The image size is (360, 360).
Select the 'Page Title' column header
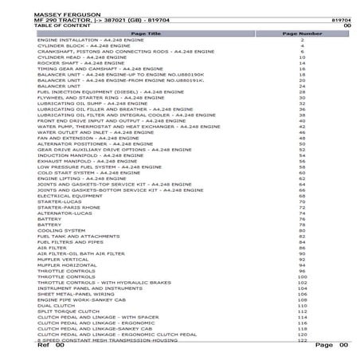point(145,33)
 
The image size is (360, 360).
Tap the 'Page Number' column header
point(303,33)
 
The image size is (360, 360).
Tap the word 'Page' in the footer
point(324,346)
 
